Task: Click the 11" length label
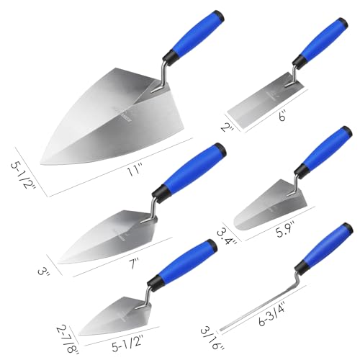[135, 171]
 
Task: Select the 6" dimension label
[282, 115]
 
